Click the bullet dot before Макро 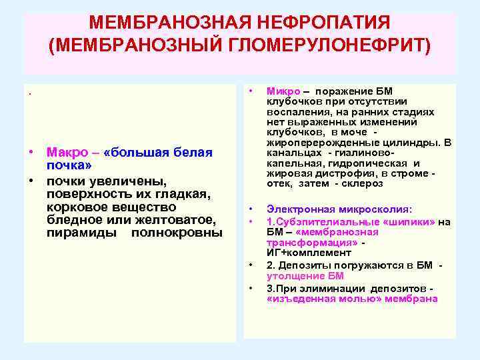coord(31,152)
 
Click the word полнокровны coord(177,233)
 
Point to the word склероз coord(365,183)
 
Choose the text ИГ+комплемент coord(299,253)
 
